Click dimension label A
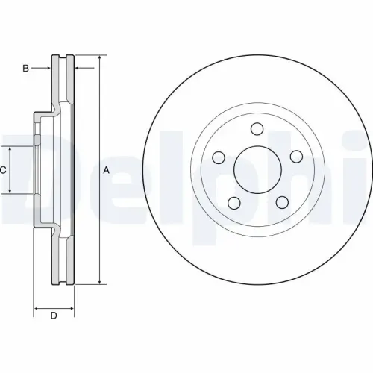coord(106,170)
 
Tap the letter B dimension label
coord(25,69)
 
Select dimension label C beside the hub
coord(3,171)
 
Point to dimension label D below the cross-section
coord(53,316)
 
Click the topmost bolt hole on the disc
coord(257,128)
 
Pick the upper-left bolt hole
coord(219,157)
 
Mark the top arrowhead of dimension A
coord(99,58)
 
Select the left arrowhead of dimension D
coord(37,307)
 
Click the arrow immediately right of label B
coord(46,69)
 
